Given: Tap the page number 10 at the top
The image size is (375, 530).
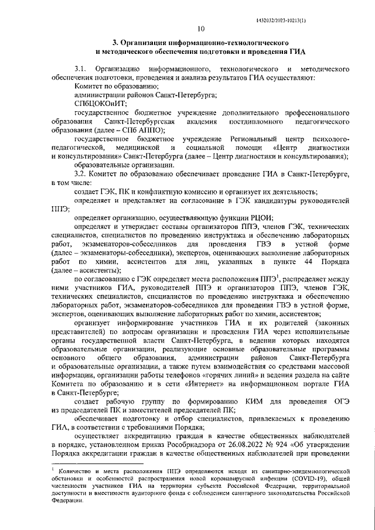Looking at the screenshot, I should click(x=200, y=28).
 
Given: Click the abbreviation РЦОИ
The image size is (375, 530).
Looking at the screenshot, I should click(x=260, y=217).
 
